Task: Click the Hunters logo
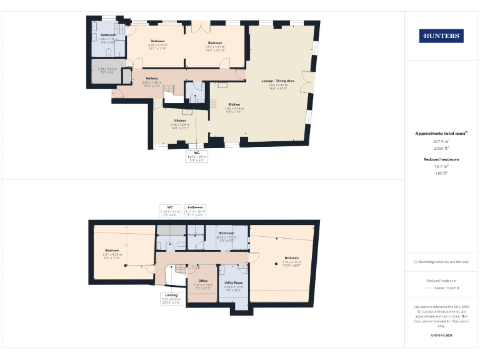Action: pyautogui.click(x=441, y=36)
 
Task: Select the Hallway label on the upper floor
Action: pyautogui.click(x=151, y=78)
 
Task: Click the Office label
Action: pyautogui.click(x=202, y=281)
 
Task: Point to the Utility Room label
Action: pyautogui.click(x=232, y=284)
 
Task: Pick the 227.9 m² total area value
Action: pyautogui.click(x=441, y=141)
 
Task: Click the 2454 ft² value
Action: pyautogui.click(x=441, y=147)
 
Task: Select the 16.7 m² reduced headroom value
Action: pyautogui.click(x=441, y=167)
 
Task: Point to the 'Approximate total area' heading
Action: pyautogui.click(x=441, y=133)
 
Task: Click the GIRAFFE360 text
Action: pyautogui.click(x=441, y=336)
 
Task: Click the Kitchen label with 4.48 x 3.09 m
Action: pyautogui.click(x=180, y=121)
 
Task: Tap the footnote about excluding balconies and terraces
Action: pyautogui.click(x=441, y=262)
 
